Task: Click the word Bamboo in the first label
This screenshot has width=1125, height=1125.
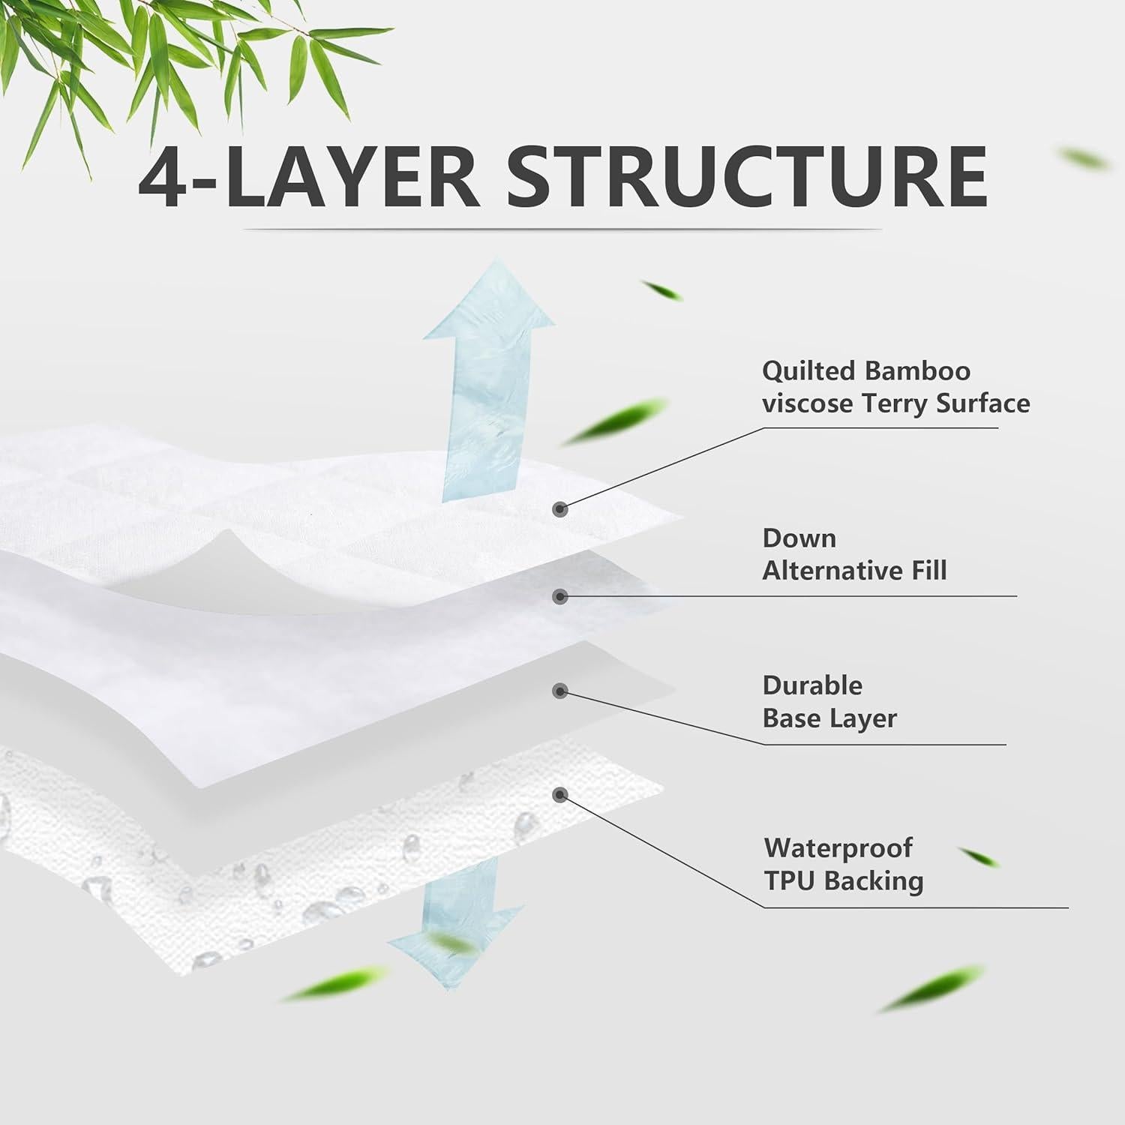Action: (917, 370)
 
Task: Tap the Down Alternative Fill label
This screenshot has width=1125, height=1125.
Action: (854, 554)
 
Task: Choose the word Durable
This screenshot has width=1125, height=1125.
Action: (812, 685)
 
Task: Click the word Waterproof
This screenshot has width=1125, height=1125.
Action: (838, 848)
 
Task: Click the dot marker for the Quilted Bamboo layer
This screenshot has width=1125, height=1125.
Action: (559, 509)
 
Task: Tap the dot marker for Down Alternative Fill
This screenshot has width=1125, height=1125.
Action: (559, 597)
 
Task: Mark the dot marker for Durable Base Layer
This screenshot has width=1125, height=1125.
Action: (559, 691)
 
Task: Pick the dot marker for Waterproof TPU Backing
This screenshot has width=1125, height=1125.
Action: (559, 794)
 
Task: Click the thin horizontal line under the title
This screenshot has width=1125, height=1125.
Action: (562, 229)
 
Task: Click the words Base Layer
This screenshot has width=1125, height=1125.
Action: (829, 718)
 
